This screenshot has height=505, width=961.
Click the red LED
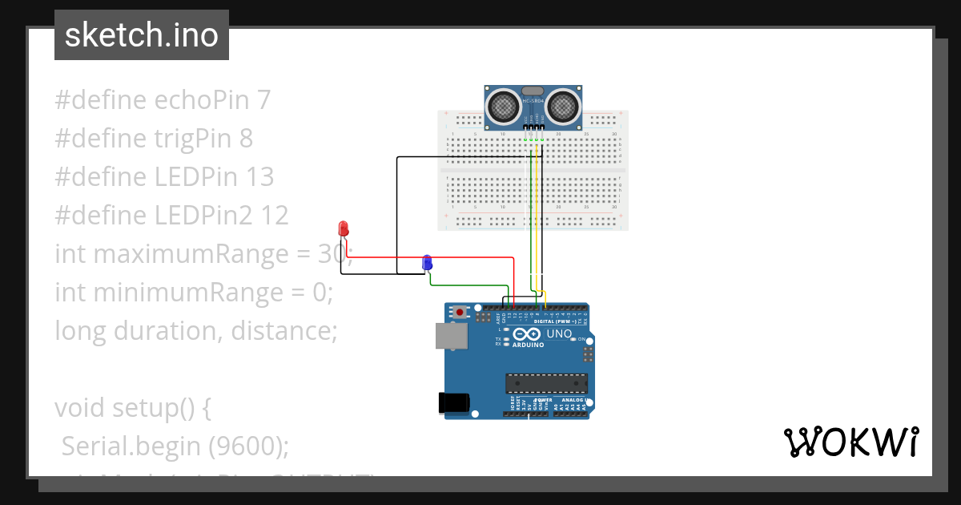pos(344,228)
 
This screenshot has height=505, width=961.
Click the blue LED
pos(427,262)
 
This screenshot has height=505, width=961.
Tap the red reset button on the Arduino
pos(460,311)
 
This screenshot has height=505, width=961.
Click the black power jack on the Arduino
pos(452,403)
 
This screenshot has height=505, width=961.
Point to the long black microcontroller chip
pos(546,384)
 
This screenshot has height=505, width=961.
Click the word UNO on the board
pos(559,333)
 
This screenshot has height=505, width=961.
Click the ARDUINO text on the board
pos(528,345)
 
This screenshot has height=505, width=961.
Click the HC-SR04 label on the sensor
pos(533,101)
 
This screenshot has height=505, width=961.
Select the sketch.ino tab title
pos(142,35)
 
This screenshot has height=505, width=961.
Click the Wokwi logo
pos(850,442)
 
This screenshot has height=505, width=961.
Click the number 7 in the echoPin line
pos(263,100)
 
